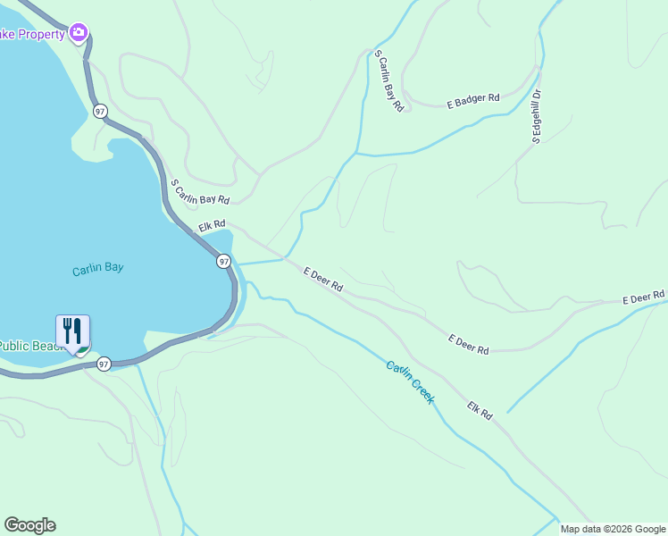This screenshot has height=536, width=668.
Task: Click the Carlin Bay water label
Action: click(97, 267)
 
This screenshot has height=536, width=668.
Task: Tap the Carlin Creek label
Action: click(410, 381)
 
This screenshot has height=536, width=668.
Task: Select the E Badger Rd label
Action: click(472, 102)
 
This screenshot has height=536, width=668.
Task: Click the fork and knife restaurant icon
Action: click(73, 331)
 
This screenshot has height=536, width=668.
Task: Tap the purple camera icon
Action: click(79, 33)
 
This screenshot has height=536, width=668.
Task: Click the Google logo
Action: click(29, 525)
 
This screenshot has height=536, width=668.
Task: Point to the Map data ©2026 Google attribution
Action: click(613, 529)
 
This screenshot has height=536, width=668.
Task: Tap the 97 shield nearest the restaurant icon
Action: click(104, 364)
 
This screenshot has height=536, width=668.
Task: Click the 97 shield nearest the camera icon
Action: click(100, 111)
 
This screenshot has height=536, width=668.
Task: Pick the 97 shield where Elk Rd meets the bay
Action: click(223, 261)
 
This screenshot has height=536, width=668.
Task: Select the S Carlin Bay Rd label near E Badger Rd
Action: click(389, 80)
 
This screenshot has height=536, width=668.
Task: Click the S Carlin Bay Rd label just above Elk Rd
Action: click(200, 190)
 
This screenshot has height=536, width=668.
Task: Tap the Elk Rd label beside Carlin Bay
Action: click(212, 227)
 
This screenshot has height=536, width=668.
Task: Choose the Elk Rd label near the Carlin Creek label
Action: click(480, 411)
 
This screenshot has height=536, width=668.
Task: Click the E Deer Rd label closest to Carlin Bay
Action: click(323, 280)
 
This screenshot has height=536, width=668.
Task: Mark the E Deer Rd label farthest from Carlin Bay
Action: click(644, 296)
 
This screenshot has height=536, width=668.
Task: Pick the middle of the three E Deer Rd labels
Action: click(469, 344)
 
